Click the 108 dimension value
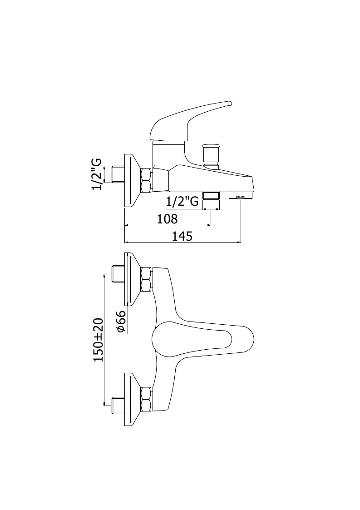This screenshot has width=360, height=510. pos(167,219)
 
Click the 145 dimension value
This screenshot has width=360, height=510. pos(182,236)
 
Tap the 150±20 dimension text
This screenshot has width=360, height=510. pos(98,340)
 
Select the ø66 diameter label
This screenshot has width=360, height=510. pos(121,321)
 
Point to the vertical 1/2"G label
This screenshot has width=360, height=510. pos(97,175)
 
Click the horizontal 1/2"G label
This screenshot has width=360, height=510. pos(182,202)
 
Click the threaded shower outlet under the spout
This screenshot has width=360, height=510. pos(211,196)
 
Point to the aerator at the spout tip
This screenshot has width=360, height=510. pos(241,195)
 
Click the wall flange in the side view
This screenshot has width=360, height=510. pos(133,180)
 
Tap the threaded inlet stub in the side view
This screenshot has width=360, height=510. pos(118,175)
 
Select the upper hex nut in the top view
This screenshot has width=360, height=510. pos(146,279)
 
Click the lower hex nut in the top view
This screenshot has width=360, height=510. pos(146,399)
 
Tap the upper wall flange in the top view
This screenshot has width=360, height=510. pos(133,279)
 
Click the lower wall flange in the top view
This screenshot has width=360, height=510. pos(133,399)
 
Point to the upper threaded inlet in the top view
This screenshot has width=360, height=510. pos(118,274)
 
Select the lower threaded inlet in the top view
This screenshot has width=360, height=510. pos(118,405)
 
